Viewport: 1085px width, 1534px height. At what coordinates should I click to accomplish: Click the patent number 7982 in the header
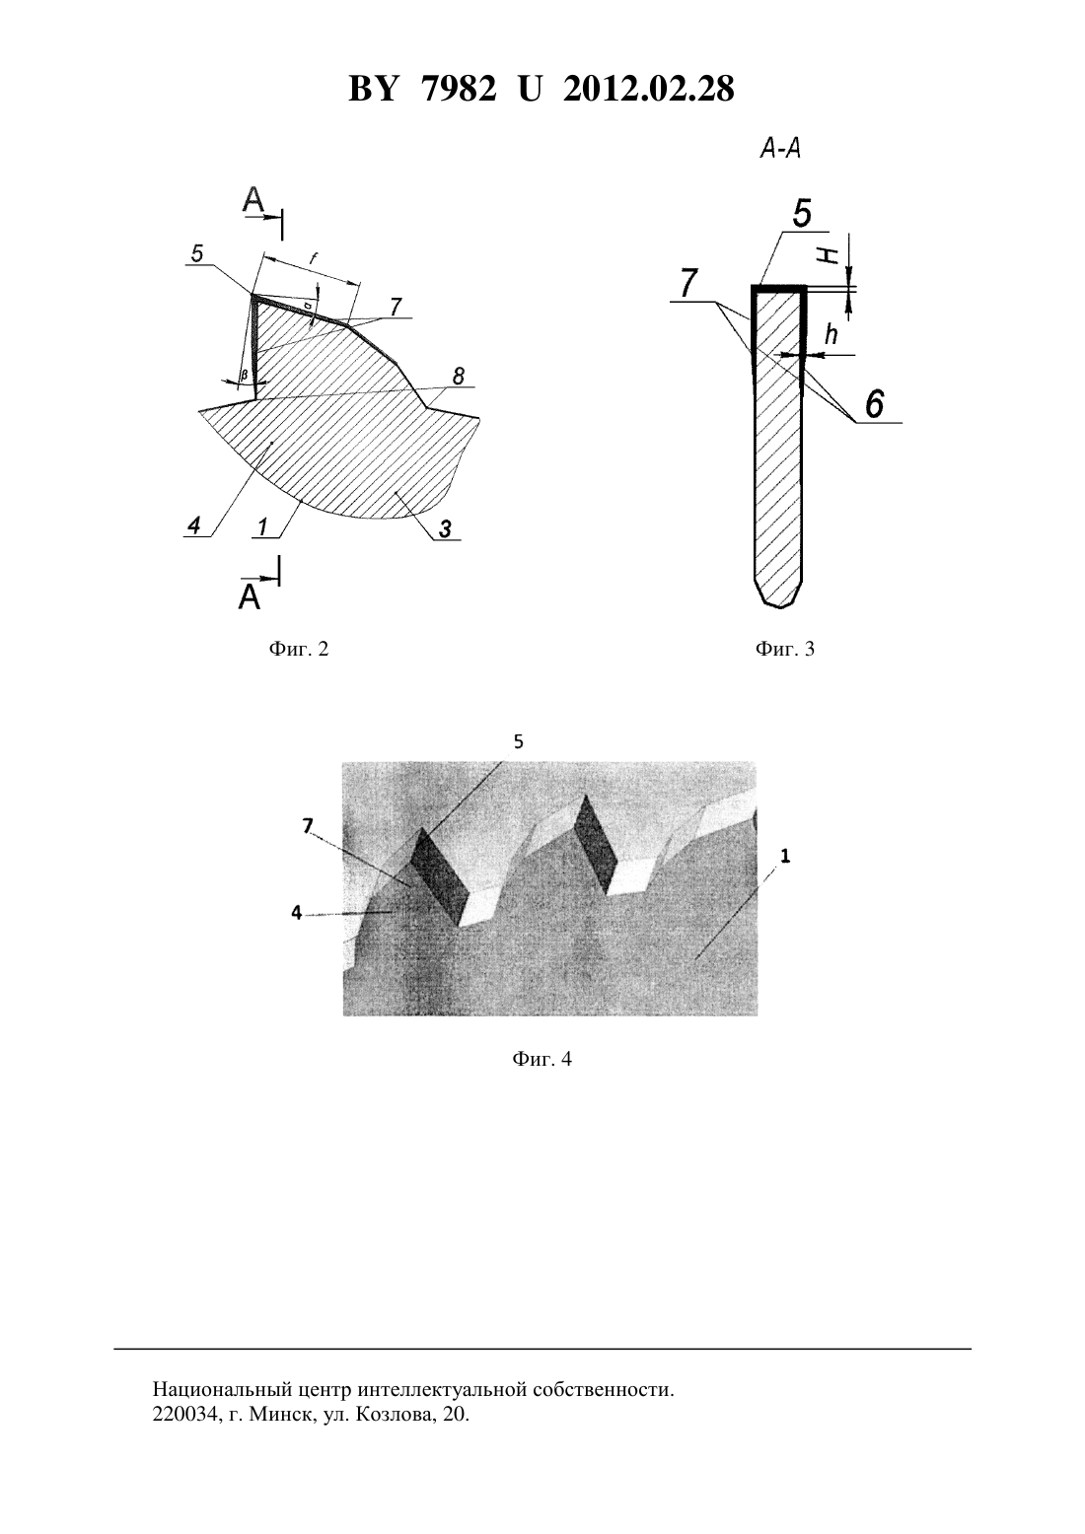459,89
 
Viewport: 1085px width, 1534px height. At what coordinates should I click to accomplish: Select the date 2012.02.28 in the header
649,89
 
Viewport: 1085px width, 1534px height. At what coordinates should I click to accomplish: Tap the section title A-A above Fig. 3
780,149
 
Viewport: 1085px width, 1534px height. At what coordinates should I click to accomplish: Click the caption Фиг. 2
299,649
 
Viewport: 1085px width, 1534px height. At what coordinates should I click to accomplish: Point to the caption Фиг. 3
785,649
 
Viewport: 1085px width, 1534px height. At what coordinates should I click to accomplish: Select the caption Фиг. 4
542,1059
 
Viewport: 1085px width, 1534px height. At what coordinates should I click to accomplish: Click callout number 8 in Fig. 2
459,376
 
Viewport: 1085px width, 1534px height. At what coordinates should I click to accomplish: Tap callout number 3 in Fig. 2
445,529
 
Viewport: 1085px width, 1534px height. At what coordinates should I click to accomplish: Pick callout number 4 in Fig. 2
194,525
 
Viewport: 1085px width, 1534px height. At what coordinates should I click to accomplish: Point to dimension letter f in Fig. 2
313,258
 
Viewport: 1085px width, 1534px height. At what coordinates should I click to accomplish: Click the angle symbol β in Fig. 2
244,376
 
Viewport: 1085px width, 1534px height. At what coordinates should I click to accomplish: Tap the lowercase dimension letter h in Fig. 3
832,335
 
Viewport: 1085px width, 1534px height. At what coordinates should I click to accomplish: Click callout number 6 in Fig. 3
875,403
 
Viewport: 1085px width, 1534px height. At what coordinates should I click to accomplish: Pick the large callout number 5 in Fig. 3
802,213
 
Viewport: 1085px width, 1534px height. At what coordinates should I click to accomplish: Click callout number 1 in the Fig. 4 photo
785,856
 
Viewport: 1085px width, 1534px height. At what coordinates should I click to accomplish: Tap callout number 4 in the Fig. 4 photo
297,912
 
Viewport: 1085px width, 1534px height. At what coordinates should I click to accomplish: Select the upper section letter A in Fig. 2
253,200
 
